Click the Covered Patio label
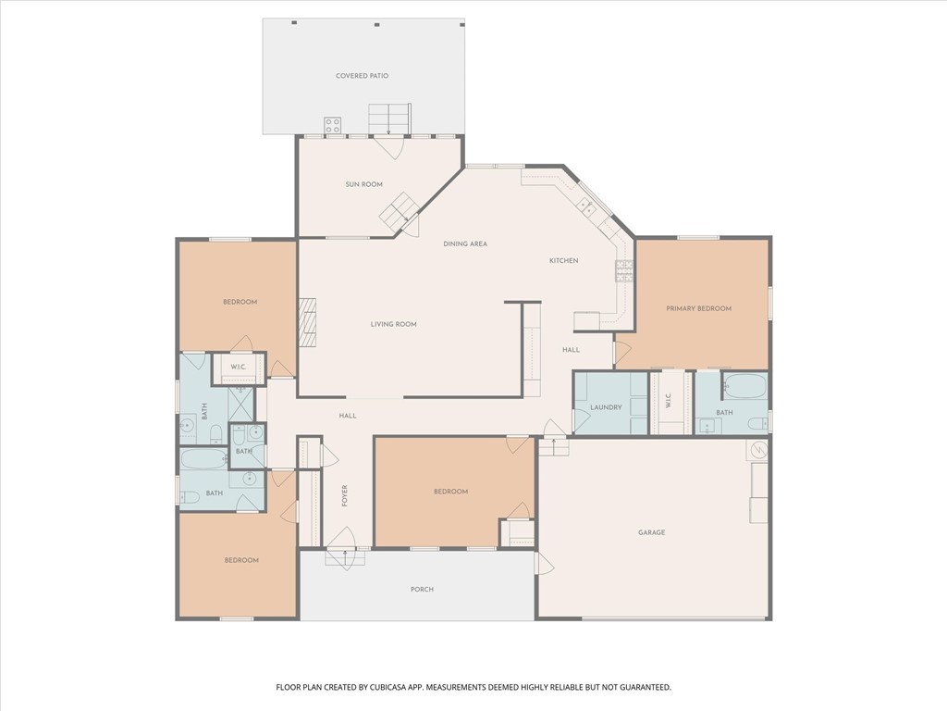coord(362,75)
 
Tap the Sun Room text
coord(363,184)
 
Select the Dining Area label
coord(464,243)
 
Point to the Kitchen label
coord(563,261)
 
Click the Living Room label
coord(393,324)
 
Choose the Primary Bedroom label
coord(698,308)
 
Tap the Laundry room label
coord(606,407)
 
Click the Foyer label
coord(345,495)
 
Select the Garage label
coord(651,532)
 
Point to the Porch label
coord(422,589)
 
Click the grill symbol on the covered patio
coord(333,124)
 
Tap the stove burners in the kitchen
coord(624,269)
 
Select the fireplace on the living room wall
coord(307,323)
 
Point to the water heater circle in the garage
coord(758,449)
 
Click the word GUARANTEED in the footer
coord(644,687)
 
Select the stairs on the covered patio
coord(388,118)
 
